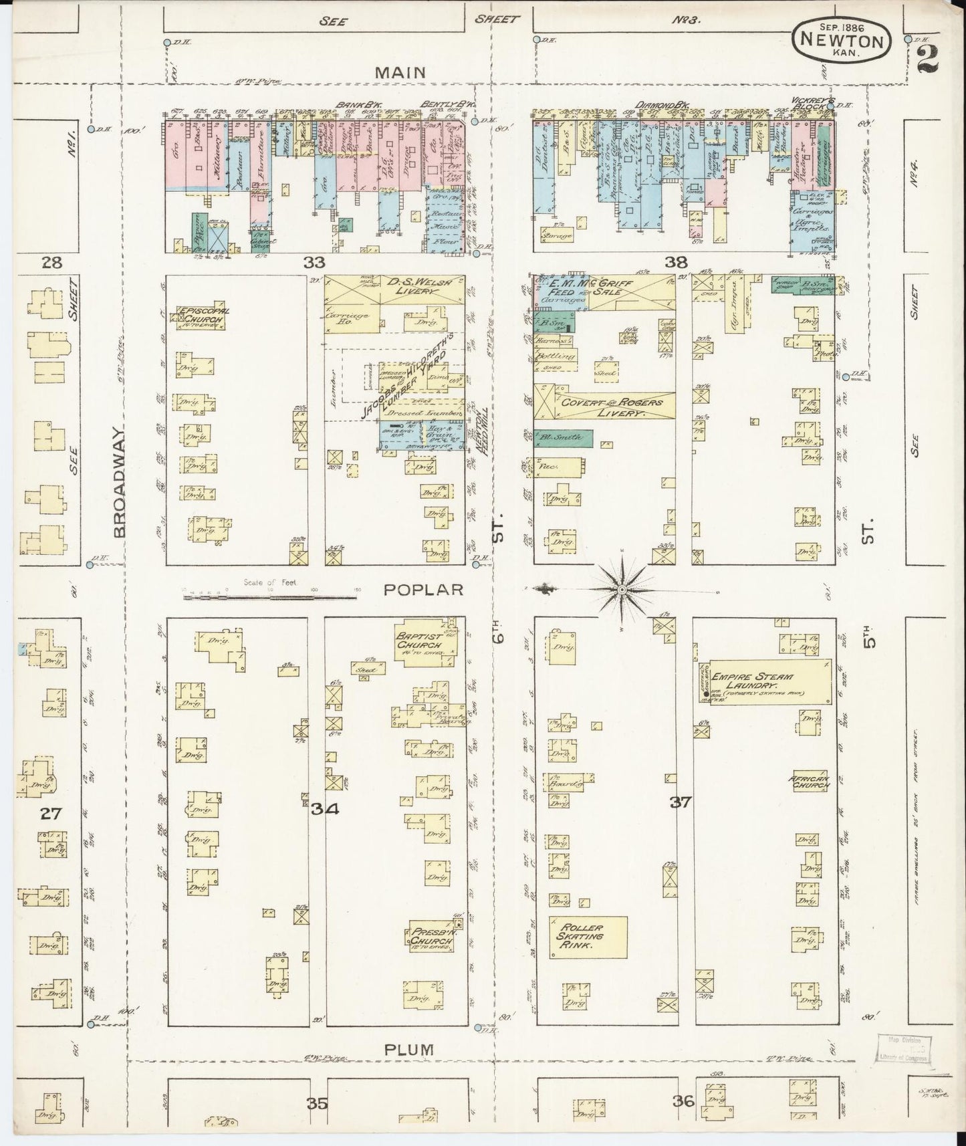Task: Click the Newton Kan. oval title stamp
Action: (x=842, y=41)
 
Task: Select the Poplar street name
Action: (x=424, y=589)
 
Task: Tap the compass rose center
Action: (x=622, y=589)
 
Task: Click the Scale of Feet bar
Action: (x=270, y=592)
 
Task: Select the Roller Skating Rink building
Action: (x=588, y=937)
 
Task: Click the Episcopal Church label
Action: (x=201, y=317)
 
